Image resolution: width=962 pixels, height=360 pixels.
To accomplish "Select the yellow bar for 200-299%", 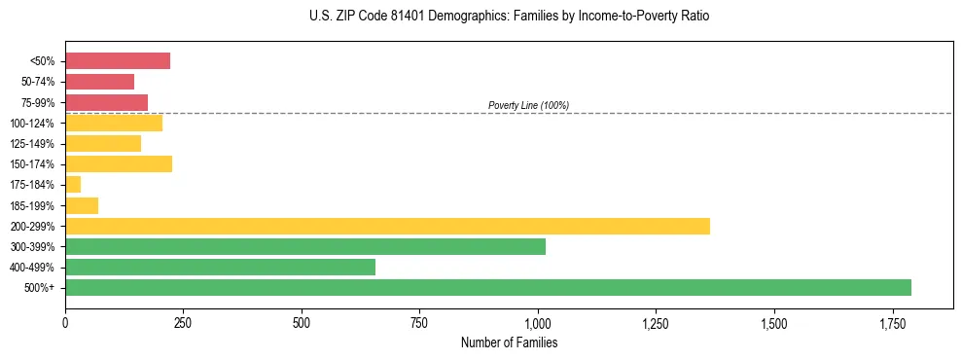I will tap(387, 226).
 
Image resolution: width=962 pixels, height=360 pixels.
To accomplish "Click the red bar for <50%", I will tap(118, 61).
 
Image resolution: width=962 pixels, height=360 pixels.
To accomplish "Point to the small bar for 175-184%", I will tap(73, 185).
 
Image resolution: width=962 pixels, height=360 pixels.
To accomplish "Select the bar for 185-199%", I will tap(82, 205).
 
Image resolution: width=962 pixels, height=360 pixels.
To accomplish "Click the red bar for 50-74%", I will tap(99, 82).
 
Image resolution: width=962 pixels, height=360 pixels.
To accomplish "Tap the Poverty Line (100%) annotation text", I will tap(528, 105).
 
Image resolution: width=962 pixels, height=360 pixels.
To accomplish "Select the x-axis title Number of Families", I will tap(509, 342).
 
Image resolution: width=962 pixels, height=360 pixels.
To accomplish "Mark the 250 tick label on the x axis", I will tap(183, 322).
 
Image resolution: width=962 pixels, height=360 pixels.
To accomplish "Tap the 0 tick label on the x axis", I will tap(65, 322).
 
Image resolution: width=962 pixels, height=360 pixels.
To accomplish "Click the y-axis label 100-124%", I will tap(32, 124).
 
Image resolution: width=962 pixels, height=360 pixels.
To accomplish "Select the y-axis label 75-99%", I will tap(36, 103).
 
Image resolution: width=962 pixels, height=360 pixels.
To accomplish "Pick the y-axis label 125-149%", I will tap(32, 144).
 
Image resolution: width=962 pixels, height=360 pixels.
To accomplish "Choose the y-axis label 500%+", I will tap(40, 288).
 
